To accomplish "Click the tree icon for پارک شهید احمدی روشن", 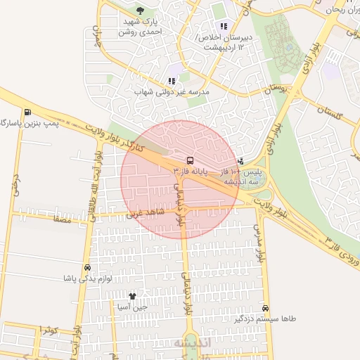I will (x=140, y=11).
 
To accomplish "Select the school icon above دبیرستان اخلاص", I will (x=224, y=27).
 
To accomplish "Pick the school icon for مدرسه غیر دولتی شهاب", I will (x=172, y=81).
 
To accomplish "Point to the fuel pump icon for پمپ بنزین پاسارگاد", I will (x=27, y=112).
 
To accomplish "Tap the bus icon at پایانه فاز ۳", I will (x=190, y=160).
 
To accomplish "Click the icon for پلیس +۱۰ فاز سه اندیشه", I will (x=242, y=160).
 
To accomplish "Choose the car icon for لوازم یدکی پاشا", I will (x=87, y=268).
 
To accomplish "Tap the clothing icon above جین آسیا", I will (x=132, y=296).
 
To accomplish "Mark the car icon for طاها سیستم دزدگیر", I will (x=265, y=308).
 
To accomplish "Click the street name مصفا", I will (x=62, y=219).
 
